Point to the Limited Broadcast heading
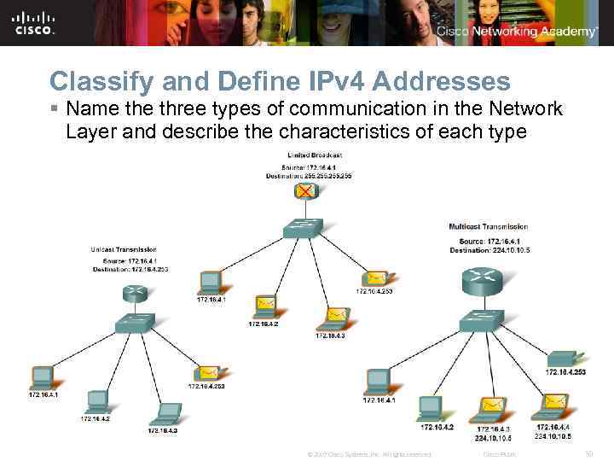click(x=316, y=154)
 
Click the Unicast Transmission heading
click(x=129, y=249)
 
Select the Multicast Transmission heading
click(x=488, y=227)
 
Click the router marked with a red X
click(x=305, y=191)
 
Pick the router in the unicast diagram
click(x=135, y=293)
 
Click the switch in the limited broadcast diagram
click(x=304, y=227)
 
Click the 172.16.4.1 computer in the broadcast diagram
click(x=210, y=283)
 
